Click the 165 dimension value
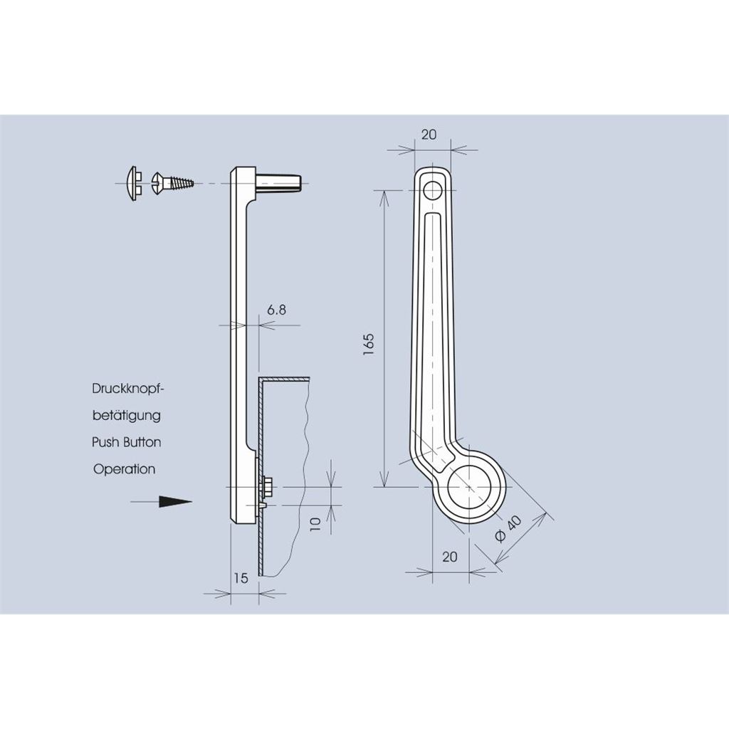coord(369,345)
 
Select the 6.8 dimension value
coord(277,310)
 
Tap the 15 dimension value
coord(241,578)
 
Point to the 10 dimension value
coord(315,525)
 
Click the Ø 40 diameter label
coord(508,529)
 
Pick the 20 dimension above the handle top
coord(429,135)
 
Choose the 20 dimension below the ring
coord(450,557)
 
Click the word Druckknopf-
coord(128,388)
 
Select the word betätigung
coord(127,415)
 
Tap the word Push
coord(105,442)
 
